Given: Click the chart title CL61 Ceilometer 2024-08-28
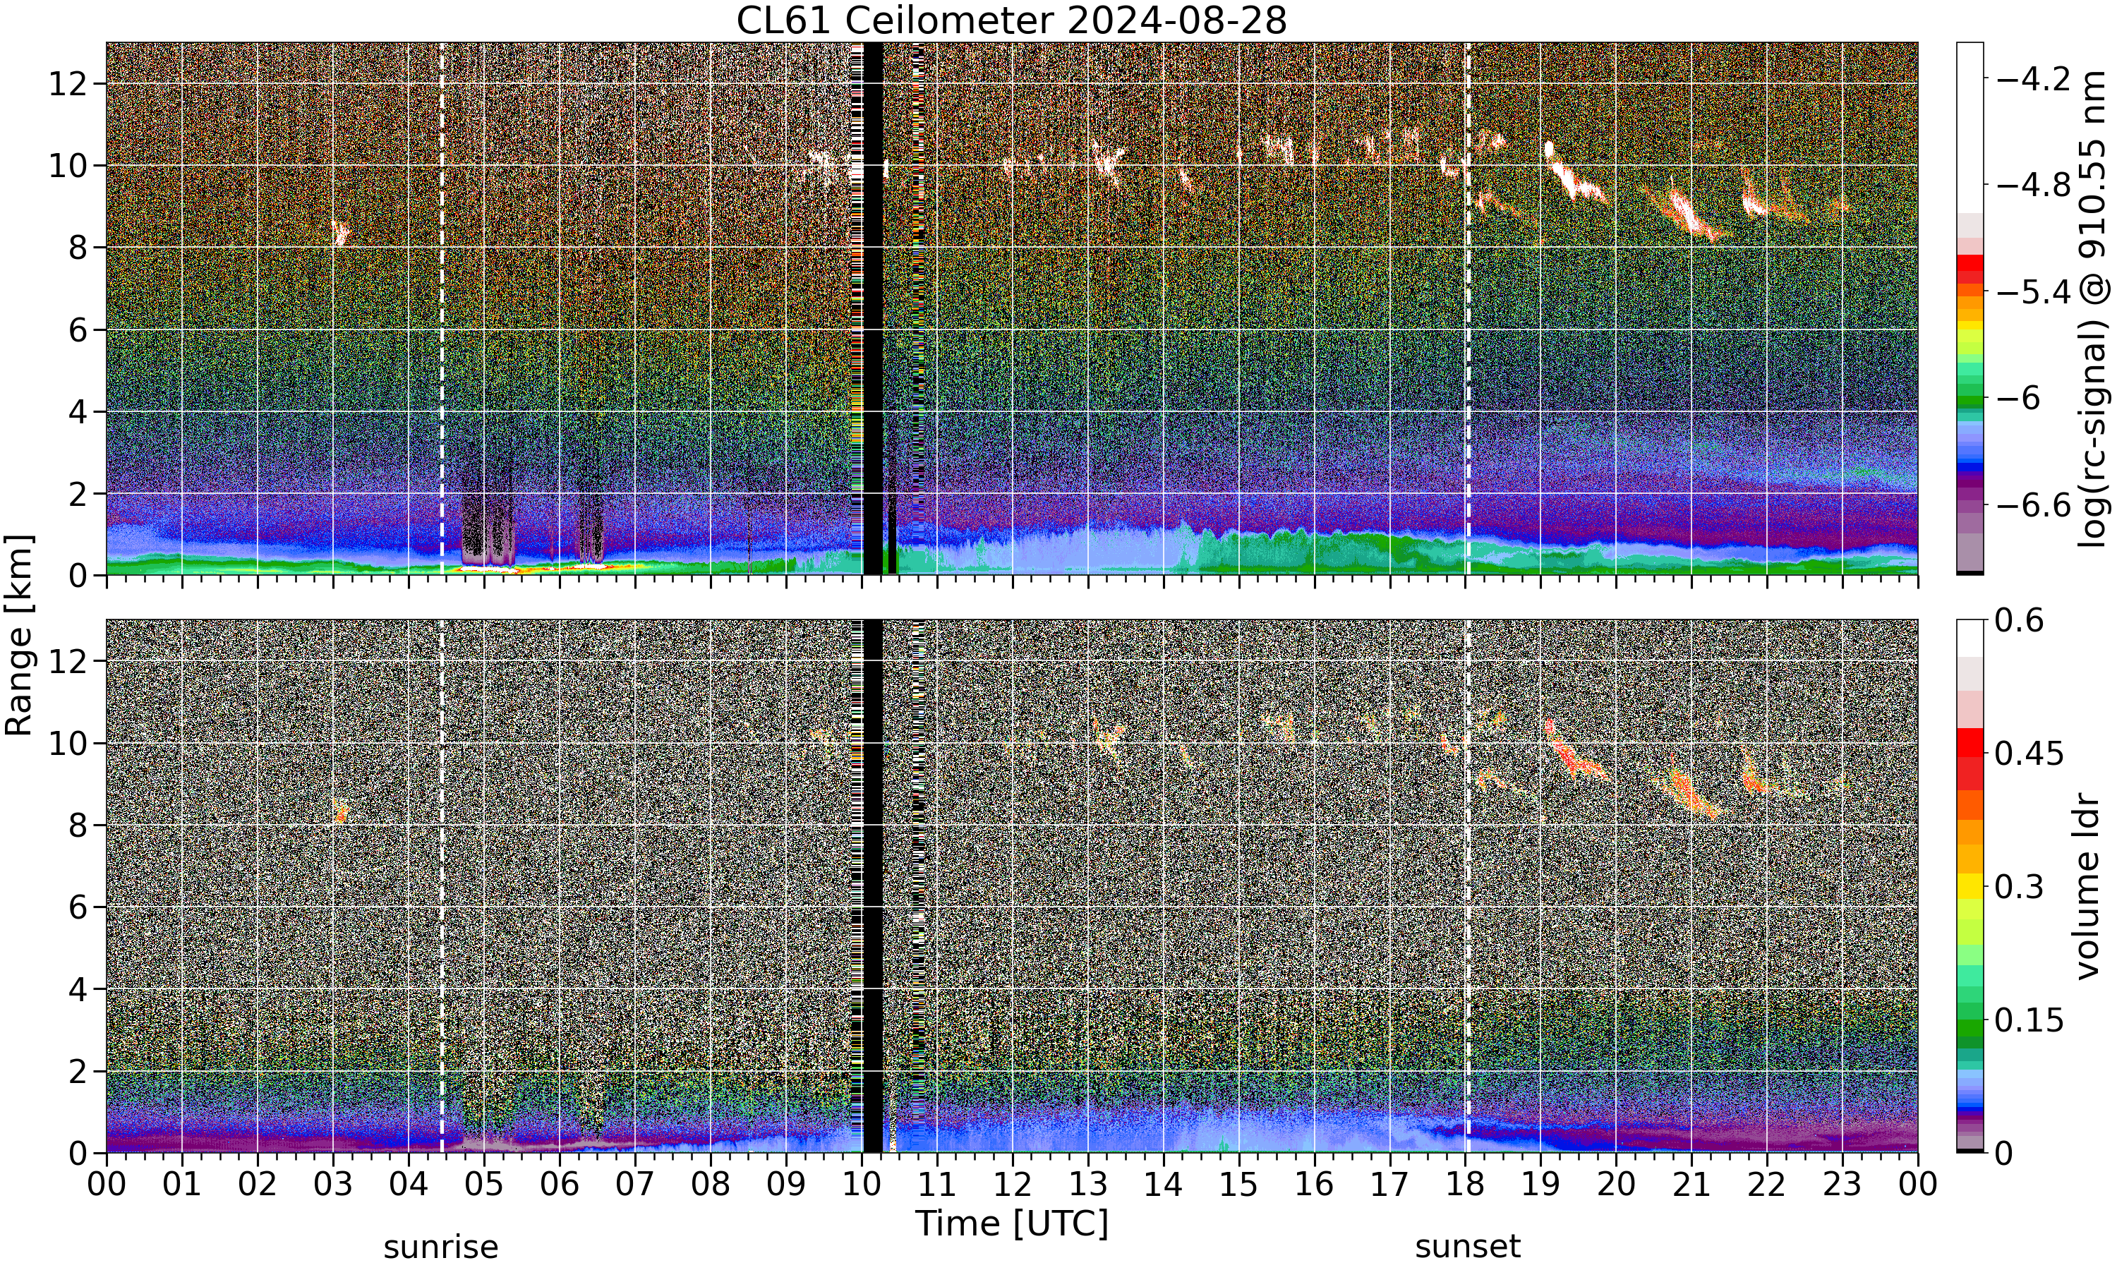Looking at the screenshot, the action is (x=1011, y=20).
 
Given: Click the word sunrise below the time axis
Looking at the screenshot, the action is (x=440, y=1247).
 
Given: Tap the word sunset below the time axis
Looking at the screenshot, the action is (x=1468, y=1247).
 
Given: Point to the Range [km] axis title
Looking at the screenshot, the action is (x=19, y=636).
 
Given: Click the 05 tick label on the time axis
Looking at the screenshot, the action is (x=484, y=1185).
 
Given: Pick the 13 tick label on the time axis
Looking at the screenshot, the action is (x=1088, y=1185).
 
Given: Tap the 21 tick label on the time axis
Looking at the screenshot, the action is (x=1691, y=1185).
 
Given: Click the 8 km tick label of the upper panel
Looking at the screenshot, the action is (x=78, y=248).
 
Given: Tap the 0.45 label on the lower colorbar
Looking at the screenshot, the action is (x=2029, y=754).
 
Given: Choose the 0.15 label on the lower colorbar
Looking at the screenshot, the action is (x=2029, y=1020).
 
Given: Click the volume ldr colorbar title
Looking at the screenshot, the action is (x=2088, y=887).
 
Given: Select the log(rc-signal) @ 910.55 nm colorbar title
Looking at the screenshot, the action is (x=2093, y=309).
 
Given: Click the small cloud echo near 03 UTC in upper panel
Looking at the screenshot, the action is (x=342, y=232).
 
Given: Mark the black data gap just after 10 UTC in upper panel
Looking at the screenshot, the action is (x=872, y=308).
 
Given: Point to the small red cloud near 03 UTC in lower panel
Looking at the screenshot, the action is (x=342, y=811).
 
